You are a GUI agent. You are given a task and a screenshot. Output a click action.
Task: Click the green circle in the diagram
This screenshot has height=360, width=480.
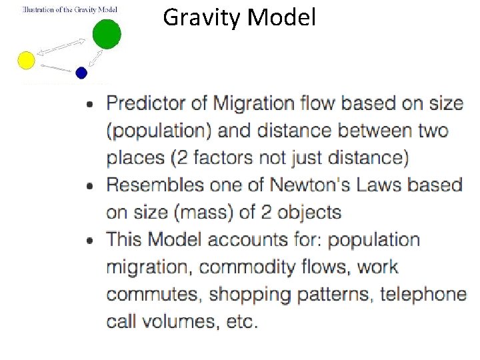(x=106, y=34)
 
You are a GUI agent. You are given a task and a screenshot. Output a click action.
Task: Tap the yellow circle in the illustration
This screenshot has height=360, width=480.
(x=26, y=61)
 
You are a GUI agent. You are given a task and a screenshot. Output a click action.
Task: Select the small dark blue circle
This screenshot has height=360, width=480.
(x=81, y=73)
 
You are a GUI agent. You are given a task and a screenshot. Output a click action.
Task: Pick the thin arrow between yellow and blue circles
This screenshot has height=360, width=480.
(x=55, y=67)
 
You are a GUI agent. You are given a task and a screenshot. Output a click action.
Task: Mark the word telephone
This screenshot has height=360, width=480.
(x=423, y=294)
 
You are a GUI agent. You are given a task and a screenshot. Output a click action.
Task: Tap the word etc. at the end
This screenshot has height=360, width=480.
(x=241, y=321)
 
